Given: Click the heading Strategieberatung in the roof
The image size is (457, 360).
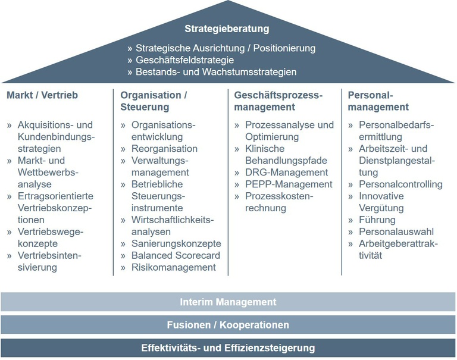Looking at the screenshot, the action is [227, 29].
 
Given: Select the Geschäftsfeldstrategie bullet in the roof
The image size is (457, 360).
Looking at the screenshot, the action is [185, 60].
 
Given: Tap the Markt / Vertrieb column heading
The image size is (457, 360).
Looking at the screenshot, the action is [42, 95].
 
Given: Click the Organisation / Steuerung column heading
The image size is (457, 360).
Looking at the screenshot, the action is [154, 101].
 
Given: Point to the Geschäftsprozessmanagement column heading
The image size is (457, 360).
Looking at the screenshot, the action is [278, 101].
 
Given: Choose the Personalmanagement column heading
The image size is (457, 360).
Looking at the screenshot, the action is [378, 101].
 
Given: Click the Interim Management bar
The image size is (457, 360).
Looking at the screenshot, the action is [228, 302].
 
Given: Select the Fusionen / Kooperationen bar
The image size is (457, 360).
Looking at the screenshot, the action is [228, 325].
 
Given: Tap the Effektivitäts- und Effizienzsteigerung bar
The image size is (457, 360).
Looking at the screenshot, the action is [228, 348].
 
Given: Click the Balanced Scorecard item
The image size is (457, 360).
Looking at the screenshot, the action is [176, 255].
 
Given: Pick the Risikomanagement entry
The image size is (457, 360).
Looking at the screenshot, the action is [173, 267].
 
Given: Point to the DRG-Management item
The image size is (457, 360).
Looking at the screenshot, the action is [286, 173].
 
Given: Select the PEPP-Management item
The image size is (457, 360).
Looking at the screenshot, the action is [289, 184].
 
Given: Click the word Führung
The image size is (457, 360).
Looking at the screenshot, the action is [377, 220].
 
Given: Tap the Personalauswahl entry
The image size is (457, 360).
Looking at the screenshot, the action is [396, 231].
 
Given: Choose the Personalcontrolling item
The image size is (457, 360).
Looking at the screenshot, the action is [400, 184].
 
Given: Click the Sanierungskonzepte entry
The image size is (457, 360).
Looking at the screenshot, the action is [176, 243].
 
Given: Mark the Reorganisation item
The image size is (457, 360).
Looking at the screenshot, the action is [164, 149].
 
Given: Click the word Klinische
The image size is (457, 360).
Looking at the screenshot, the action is [265, 149].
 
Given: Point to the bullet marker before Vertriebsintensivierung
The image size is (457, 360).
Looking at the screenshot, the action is [10, 256].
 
